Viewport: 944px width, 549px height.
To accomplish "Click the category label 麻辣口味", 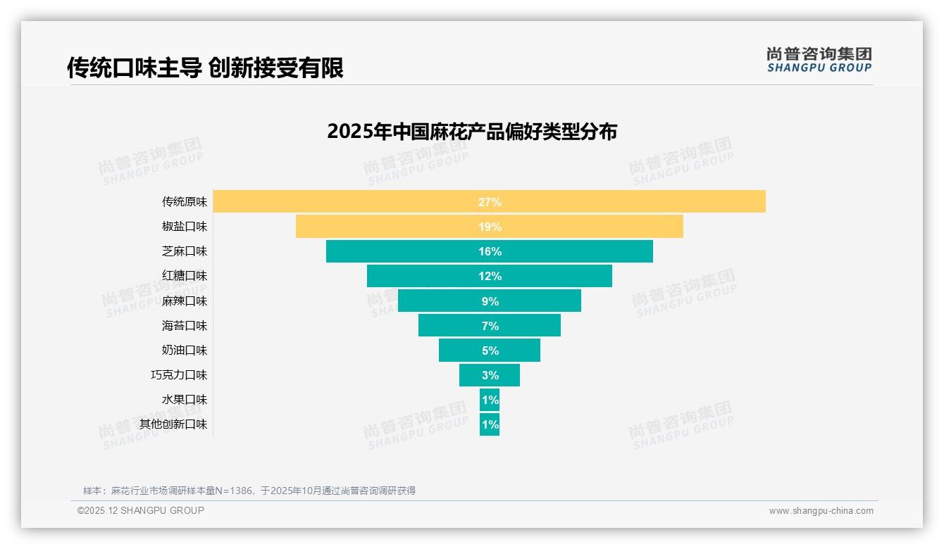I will tap(185, 301).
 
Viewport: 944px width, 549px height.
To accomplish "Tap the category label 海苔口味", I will tap(185, 326).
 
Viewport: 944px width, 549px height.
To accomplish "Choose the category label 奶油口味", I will tap(185, 351).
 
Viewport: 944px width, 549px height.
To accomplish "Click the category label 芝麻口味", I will tap(185, 251).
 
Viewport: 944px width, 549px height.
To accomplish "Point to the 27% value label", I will tap(490, 202).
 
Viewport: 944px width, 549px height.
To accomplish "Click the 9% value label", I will tap(490, 301).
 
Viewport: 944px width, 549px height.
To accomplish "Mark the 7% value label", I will tap(490, 326).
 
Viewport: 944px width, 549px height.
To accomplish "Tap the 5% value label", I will tap(490, 351).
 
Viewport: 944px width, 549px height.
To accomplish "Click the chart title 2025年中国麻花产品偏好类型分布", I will tap(472, 132).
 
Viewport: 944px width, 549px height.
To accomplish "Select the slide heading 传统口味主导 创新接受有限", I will tap(205, 68).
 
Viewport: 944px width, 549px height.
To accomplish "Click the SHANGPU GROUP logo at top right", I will tap(819, 60).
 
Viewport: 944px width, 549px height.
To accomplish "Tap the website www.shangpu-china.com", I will tap(821, 511).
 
